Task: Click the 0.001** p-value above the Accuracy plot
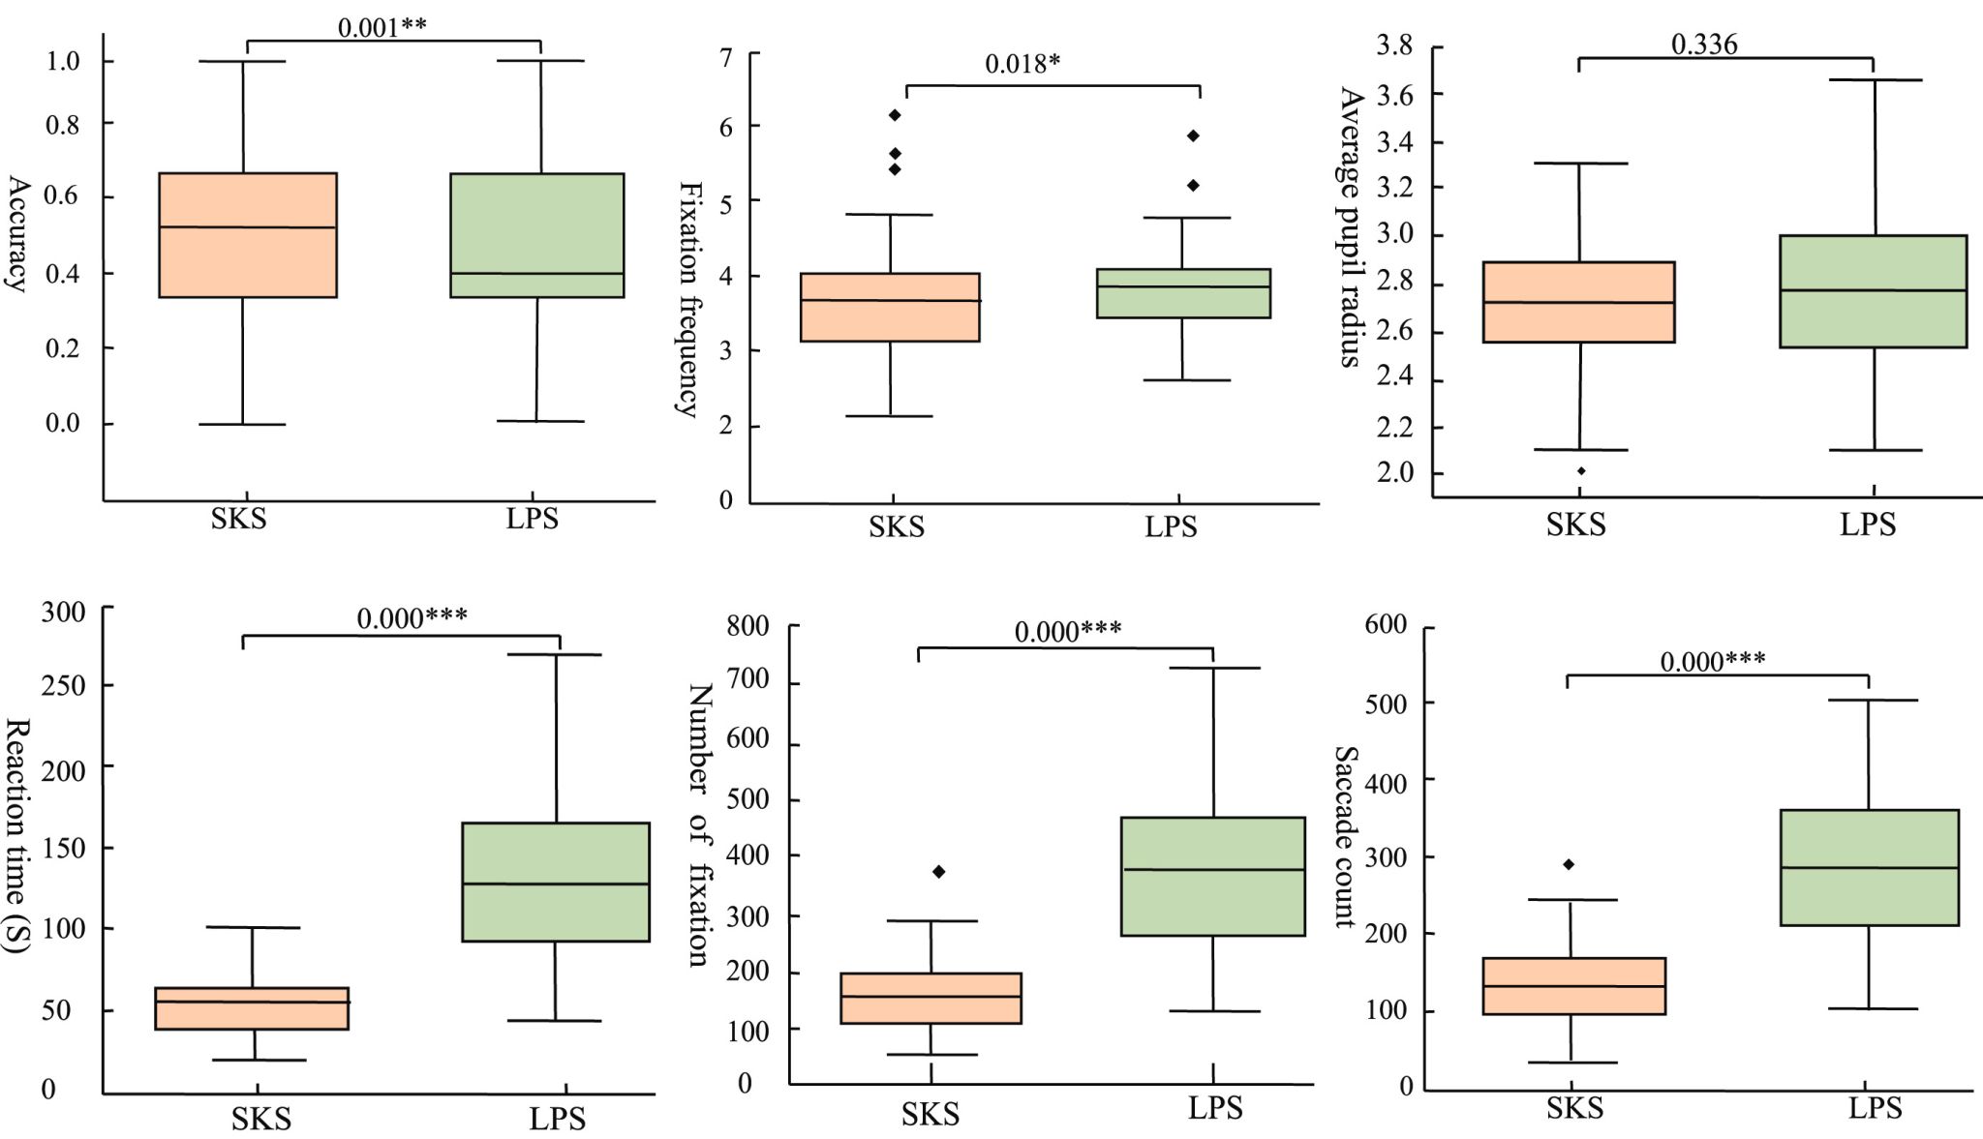(381, 27)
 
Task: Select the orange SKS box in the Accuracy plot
(248, 235)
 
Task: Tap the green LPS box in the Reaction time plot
(556, 882)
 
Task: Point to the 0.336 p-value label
(1704, 45)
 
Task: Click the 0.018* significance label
(1022, 64)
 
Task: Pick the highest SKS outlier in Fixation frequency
(896, 115)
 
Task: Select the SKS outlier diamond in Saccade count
(1569, 864)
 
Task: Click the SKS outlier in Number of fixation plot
(938, 872)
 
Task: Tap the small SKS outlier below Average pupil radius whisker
(1581, 471)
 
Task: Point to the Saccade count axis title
(1347, 837)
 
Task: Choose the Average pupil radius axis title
(1352, 227)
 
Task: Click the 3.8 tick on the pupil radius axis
(1394, 45)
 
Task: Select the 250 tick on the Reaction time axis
(63, 686)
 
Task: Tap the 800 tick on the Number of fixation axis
(748, 626)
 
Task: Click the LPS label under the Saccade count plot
(1875, 1108)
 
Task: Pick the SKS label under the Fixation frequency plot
(897, 527)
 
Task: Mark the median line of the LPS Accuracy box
(536, 273)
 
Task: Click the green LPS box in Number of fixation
(1212, 876)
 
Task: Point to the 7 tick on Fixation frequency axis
(725, 56)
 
